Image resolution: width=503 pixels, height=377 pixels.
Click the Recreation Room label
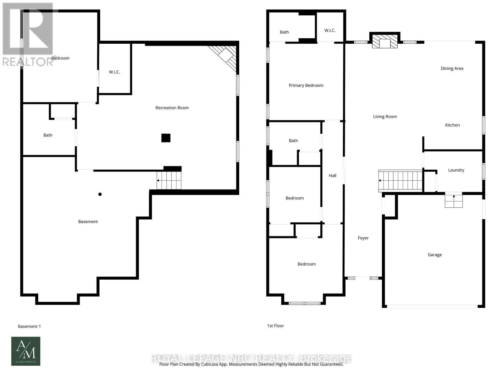point(172,108)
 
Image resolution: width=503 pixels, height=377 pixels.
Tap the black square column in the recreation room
point(166,138)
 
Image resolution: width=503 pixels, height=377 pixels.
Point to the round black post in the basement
point(100,194)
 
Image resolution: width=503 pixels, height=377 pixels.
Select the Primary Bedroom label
point(306,85)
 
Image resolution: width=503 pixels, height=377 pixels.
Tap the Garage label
point(434,255)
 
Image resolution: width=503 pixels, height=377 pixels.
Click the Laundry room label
point(456,170)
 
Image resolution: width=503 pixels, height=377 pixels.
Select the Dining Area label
point(452,68)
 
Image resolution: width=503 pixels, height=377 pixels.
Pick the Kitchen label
point(452,125)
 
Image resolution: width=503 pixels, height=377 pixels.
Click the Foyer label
point(363,238)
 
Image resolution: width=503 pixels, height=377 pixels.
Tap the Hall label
point(332,176)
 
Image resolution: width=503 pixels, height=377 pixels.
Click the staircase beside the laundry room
point(400,181)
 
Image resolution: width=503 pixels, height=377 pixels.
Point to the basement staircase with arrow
point(169,180)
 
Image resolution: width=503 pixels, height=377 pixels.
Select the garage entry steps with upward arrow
point(454,200)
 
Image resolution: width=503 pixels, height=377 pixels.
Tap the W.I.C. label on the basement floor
point(114,72)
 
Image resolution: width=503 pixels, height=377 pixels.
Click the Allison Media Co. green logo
point(26,351)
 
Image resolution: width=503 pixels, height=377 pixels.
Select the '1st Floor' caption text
point(275,326)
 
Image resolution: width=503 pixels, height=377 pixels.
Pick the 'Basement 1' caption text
point(29,326)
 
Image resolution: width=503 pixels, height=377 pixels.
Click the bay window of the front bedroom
point(304,303)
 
